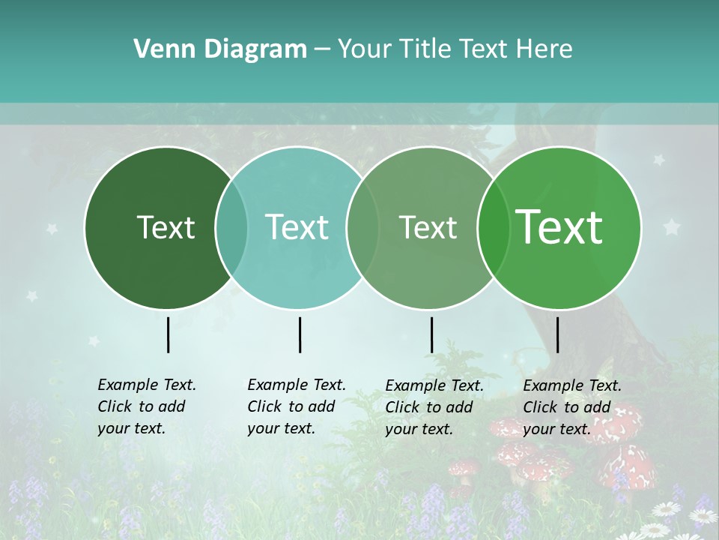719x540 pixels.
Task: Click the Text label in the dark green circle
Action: (166, 227)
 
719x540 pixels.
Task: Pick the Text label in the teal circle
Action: (297, 227)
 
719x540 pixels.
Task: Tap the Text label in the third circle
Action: (428, 227)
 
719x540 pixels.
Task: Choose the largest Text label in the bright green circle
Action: (559, 226)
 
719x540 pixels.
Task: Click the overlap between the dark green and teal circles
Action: (231, 228)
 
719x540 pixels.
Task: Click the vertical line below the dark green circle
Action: (168, 334)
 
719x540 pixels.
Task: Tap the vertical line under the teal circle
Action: (300, 334)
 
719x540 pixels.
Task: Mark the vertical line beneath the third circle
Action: (431, 334)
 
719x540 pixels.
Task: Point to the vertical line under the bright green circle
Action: (557, 334)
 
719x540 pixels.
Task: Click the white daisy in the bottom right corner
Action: (703, 516)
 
